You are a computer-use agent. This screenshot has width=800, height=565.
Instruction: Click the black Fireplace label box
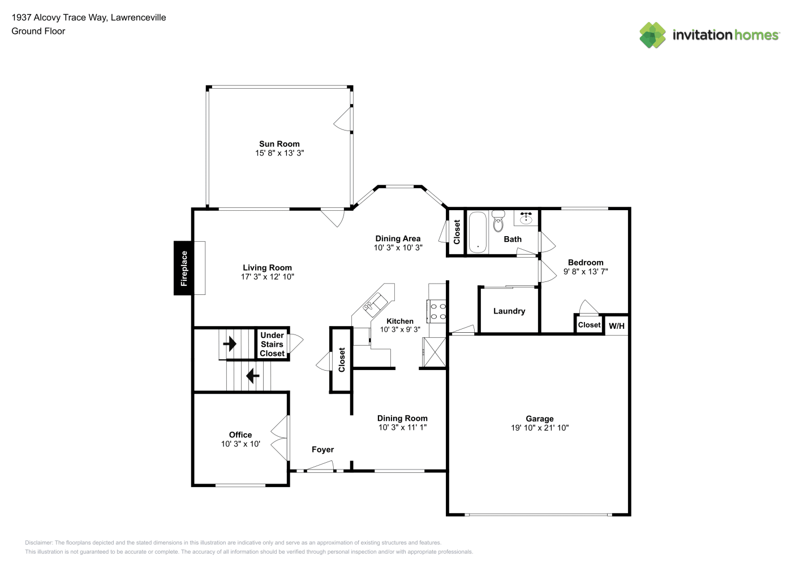[x=183, y=268]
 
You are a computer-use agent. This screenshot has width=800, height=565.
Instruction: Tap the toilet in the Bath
[x=498, y=221]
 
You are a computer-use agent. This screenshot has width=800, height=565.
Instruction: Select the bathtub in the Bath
[x=478, y=232]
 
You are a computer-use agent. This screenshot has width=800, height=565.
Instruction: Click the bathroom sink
[x=526, y=218]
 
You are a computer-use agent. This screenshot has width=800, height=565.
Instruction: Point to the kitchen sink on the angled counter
[x=375, y=305]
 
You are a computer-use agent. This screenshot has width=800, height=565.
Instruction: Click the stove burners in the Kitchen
[x=438, y=311]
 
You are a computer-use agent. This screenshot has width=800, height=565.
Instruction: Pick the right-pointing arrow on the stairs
[x=230, y=344]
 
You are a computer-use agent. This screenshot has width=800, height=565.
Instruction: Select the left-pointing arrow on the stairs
[x=252, y=376]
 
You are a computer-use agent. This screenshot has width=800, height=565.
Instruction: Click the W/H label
[x=617, y=325]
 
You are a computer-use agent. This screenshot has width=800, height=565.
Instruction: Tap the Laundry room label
[x=509, y=311]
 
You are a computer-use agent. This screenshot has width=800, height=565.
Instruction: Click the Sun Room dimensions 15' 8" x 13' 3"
[x=279, y=153]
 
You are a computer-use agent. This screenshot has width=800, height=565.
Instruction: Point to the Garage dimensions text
[x=540, y=428]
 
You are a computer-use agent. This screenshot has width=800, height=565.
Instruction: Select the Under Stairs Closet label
[x=272, y=344]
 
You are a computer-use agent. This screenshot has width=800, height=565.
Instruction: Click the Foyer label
[x=323, y=449]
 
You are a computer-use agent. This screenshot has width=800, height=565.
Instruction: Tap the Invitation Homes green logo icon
[x=652, y=35]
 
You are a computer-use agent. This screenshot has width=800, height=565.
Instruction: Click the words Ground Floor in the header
[x=38, y=31]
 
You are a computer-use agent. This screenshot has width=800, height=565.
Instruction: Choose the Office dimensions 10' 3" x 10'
[x=240, y=444]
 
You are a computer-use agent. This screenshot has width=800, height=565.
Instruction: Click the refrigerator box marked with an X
[x=435, y=352]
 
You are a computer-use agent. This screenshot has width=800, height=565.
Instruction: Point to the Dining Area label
[x=398, y=238]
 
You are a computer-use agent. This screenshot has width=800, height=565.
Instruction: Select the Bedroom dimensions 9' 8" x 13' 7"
[x=586, y=271]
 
